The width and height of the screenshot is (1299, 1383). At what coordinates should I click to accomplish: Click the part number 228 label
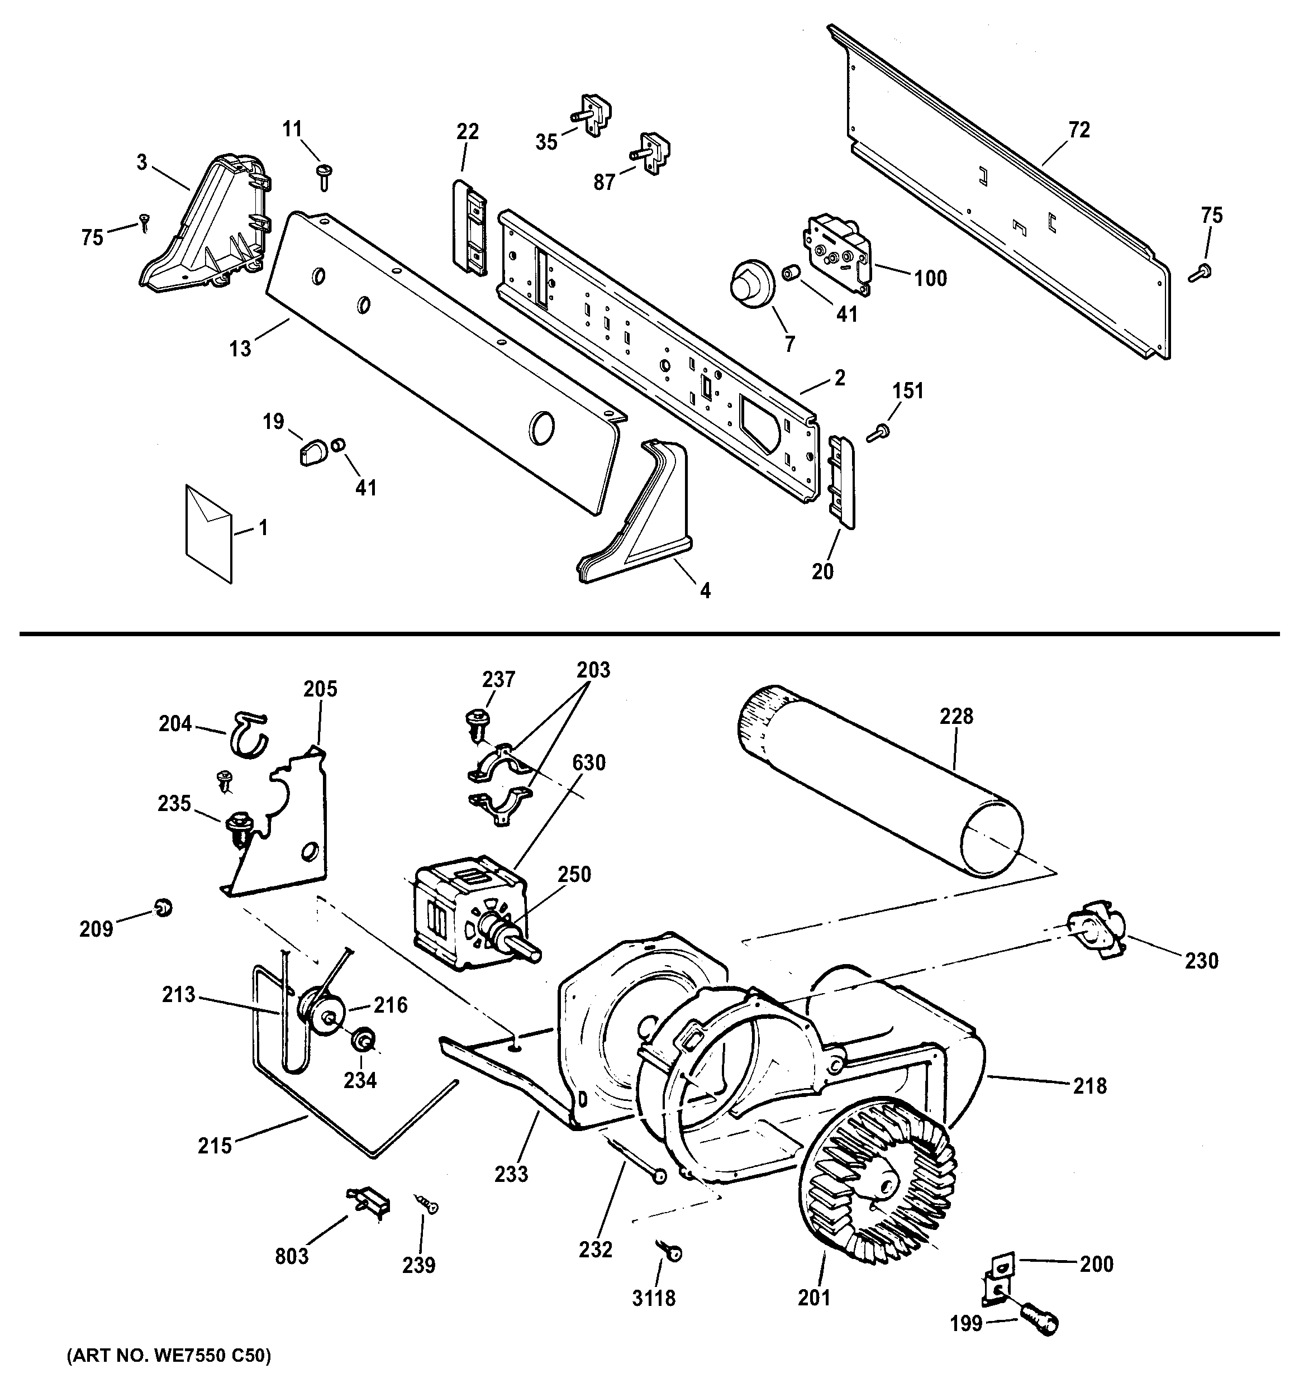point(956,717)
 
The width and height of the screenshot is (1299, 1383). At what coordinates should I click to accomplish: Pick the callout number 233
point(511,1174)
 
